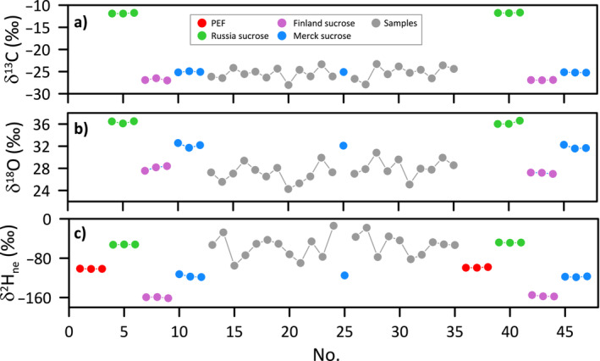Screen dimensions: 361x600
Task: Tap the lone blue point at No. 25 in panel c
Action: (344, 275)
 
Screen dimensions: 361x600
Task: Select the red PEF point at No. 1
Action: (80, 269)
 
